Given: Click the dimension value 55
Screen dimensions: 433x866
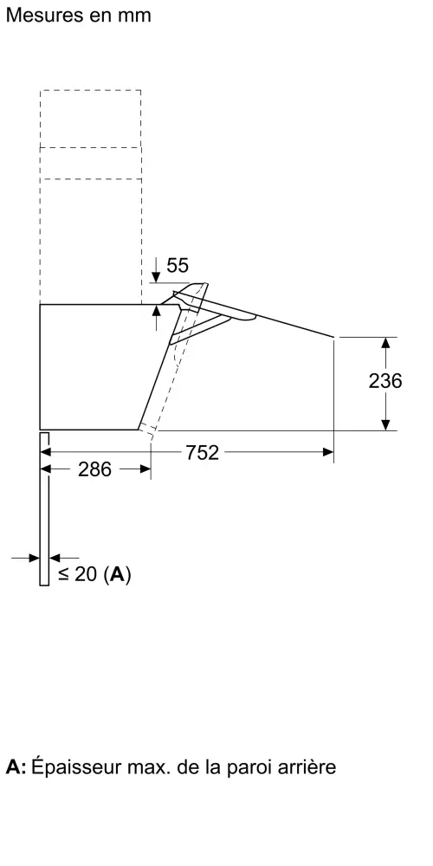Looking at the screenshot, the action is [178, 266].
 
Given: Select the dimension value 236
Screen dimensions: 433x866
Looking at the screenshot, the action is [385, 380].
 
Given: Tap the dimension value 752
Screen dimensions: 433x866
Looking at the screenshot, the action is [202, 453].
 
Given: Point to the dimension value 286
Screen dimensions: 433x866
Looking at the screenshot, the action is [95, 469].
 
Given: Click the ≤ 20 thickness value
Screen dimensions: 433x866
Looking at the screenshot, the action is [77, 574].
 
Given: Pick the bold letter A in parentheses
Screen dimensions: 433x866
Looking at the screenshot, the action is [117, 574].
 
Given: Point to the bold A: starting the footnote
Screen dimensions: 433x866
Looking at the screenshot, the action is [16, 767].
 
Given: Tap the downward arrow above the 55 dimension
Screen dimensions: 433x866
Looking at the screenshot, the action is [156, 270].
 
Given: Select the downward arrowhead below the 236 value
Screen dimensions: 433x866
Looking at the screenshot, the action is [386, 424].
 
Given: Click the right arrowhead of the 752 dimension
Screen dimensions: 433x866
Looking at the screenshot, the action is [328, 452].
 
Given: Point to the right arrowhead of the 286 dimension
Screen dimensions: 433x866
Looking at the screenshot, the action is [145, 469].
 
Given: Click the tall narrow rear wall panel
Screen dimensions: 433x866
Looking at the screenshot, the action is [44, 508].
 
